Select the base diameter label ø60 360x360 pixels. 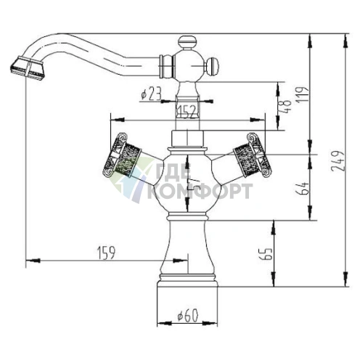coord(188,315)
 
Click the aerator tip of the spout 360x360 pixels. coord(26,68)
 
